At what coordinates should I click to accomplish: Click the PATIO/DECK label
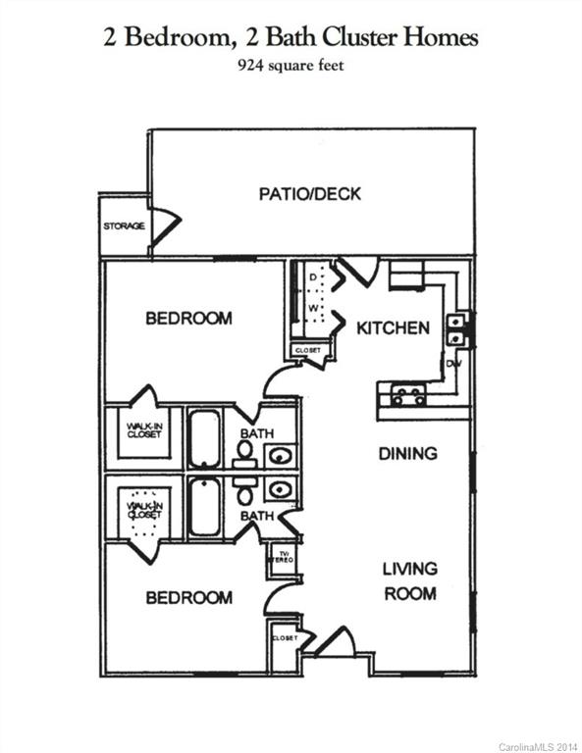coord(309,194)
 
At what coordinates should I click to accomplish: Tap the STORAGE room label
coord(124,226)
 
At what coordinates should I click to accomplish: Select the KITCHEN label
coord(393,327)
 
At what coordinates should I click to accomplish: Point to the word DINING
coord(407,454)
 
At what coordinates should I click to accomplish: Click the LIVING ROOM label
coord(409,580)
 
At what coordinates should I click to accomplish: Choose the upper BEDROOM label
coord(188,319)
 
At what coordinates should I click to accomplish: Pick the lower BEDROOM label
coord(188,597)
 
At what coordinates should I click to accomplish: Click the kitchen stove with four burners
coord(407,396)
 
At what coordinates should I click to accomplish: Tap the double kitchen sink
coord(457,329)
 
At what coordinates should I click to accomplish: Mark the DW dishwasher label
coord(453,364)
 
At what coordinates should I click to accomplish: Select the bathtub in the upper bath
coord(204,437)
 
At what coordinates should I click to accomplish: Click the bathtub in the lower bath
coord(204,507)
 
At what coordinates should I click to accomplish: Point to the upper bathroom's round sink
coord(280,455)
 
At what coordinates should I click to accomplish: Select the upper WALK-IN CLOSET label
coord(143,430)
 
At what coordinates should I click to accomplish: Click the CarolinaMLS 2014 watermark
coord(538,746)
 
